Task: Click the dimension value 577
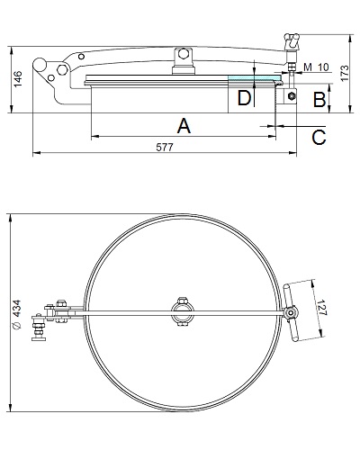point(165,148)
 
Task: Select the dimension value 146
point(18,79)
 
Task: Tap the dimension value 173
point(345,73)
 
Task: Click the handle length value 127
point(321,308)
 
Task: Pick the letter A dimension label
point(184,126)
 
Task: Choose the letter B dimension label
point(319,100)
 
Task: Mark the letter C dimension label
point(319,138)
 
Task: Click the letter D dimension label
point(244,98)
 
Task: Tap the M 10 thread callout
point(316,67)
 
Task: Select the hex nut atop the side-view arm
point(182,54)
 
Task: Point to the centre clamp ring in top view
point(183,311)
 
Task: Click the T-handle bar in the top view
point(290,312)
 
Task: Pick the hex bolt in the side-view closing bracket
point(291,96)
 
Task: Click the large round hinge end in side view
point(40,64)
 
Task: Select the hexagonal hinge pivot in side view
point(62,70)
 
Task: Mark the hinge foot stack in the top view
point(39,328)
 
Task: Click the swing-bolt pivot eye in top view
point(290,313)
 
